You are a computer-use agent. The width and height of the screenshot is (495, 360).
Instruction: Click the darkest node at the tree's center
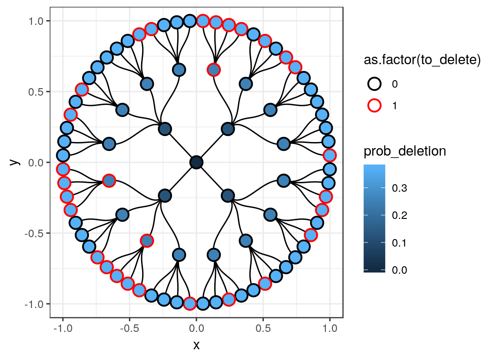pyautogui.click(x=196, y=162)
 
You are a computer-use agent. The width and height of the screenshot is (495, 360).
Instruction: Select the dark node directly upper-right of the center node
pyautogui.click(x=228, y=129)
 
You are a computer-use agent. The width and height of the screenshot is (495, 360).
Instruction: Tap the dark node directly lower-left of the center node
pyautogui.click(x=165, y=196)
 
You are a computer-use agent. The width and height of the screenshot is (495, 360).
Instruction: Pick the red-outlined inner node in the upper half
pyautogui.click(x=214, y=70)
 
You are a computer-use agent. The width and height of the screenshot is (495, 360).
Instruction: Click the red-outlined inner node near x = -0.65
pyautogui.click(x=109, y=180)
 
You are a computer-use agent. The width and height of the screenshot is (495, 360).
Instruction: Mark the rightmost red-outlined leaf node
pyautogui.click(x=330, y=155)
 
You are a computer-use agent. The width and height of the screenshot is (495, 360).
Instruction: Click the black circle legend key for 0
pyautogui.click(x=375, y=84)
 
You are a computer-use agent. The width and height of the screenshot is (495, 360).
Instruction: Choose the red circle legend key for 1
pyautogui.click(x=375, y=105)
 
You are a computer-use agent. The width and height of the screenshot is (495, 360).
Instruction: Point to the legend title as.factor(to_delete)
pyautogui.click(x=422, y=60)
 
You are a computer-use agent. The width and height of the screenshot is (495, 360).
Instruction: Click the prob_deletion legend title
pyautogui.click(x=405, y=151)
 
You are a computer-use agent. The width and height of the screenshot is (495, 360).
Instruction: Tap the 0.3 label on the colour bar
pyautogui.click(x=399, y=188)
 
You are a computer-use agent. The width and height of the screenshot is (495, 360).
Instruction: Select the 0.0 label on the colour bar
pyautogui.click(x=399, y=270)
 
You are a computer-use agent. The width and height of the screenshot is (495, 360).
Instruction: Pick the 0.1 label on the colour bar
pyautogui.click(x=399, y=243)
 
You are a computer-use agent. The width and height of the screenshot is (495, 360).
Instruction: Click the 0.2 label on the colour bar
pyautogui.click(x=399, y=215)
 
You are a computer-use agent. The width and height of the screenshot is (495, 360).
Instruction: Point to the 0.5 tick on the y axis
pyautogui.click(x=48, y=91)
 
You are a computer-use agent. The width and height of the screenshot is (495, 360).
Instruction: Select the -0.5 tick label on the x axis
pyautogui.click(x=129, y=329)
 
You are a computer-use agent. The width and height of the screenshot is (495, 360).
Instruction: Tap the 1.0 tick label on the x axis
pyautogui.click(x=330, y=329)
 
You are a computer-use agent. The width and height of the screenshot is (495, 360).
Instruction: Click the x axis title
pyautogui.click(x=196, y=345)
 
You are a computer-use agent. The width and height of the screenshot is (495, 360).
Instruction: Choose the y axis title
pyautogui.click(x=15, y=162)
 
